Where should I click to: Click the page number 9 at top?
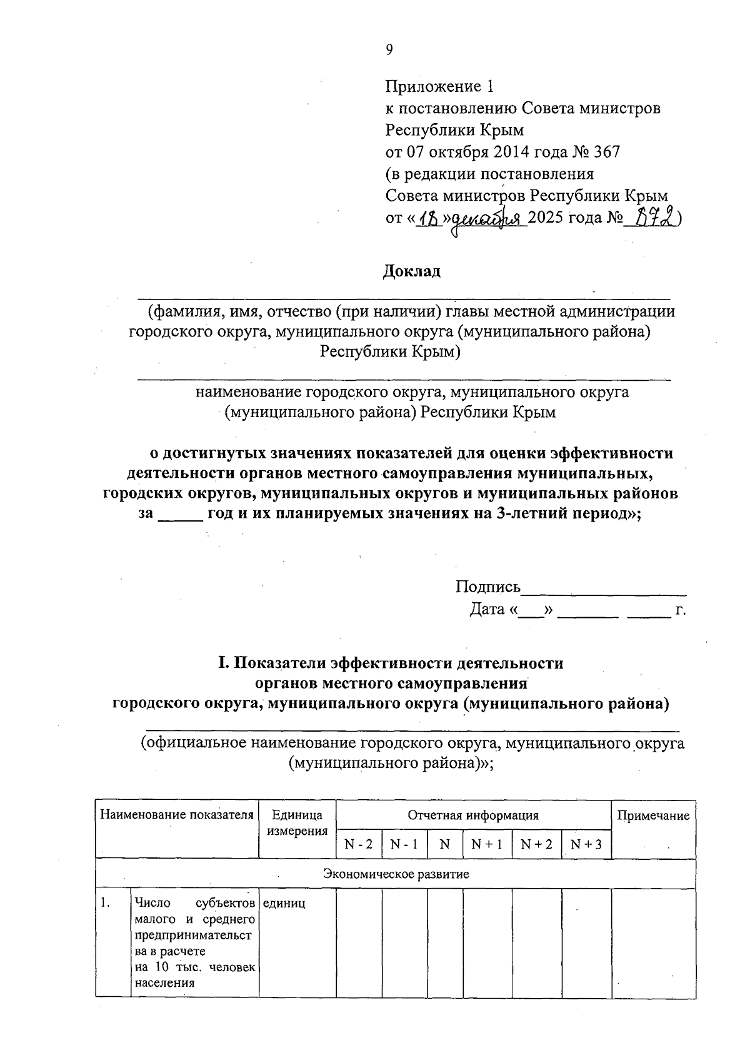point(389,51)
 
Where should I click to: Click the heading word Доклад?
point(411,271)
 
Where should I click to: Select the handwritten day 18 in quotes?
point(429,218)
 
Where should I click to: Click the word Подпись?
point(487,587)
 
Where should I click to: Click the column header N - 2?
point(359,844)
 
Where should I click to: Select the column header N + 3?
point(586,844)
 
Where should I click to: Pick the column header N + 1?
point(487,844)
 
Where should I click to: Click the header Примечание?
point(653,815)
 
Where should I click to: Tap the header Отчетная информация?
point(473,815)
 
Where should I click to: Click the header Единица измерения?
point(297,823)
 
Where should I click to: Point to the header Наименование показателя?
point(177,815)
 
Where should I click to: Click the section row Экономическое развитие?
point(396,874)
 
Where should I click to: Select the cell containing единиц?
point(284,904)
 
